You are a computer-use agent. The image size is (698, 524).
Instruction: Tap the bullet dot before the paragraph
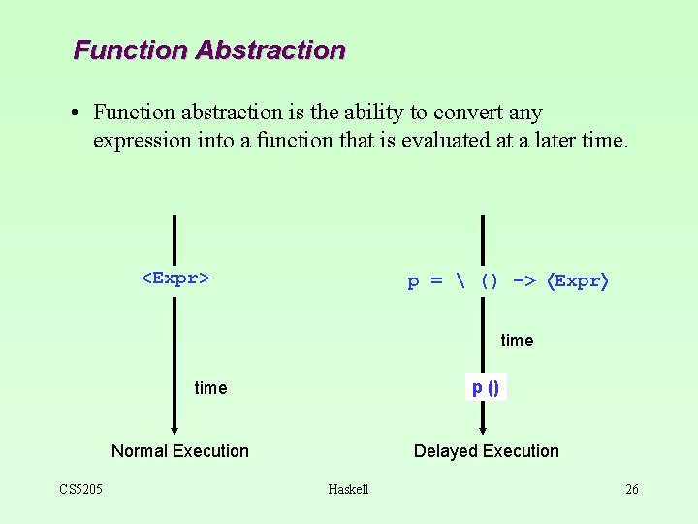(75, 114)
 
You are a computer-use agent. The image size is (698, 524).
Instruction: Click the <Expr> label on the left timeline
(176, 278)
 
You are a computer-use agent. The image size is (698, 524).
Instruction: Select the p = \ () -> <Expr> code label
(507, 281)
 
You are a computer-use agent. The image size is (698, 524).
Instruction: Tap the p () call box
(486, 388)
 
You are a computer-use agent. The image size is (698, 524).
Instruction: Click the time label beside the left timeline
(210, 388)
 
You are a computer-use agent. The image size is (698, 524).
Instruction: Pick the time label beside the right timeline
(517, 341)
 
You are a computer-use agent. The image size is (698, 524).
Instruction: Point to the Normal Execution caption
(180, 451)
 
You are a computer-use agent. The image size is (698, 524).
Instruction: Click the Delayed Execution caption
(487, 451)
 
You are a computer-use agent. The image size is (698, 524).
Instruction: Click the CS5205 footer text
(81, 489)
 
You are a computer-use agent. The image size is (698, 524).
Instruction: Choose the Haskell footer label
(348, 489)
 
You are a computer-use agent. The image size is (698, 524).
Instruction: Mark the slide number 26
(632, 489)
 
